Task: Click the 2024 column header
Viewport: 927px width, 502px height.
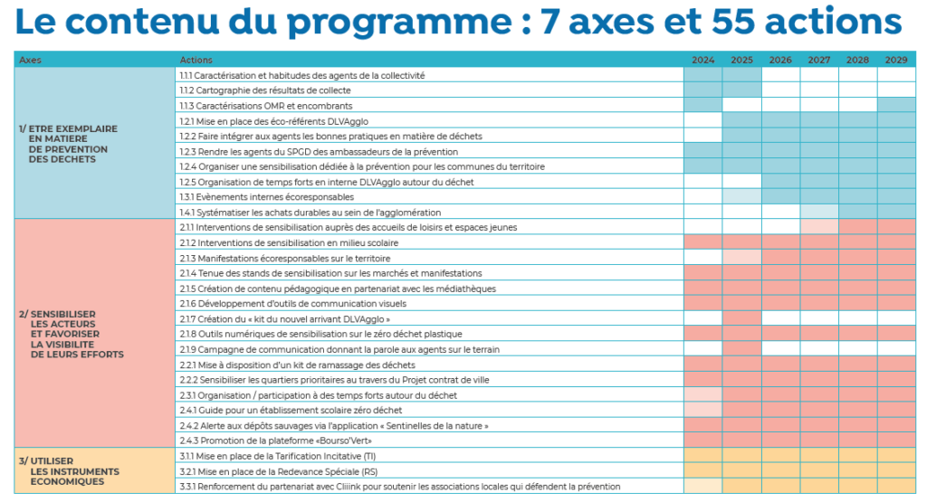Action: point(702,60)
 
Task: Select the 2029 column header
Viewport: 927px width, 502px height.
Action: point(895,60)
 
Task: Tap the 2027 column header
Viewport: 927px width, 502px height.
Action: point(818,60)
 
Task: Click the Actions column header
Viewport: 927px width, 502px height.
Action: point(196,60)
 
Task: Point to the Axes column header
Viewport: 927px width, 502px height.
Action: point(30,60)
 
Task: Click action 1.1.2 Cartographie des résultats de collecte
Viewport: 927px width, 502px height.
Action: point(265,90)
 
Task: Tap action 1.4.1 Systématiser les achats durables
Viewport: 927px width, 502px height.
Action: point(311,213)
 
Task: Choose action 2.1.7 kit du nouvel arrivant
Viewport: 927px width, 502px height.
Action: point(285,319)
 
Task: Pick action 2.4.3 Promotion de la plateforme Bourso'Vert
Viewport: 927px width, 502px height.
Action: point(275,440)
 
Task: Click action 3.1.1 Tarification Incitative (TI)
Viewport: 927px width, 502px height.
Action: point(278,456)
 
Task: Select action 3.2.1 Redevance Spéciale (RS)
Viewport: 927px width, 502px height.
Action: point(279,471)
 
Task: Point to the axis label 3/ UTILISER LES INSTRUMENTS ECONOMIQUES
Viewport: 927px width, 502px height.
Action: point(69,471)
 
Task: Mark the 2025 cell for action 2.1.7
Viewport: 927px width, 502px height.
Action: point(741,319)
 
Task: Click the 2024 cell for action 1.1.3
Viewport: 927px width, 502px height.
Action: point(702,106)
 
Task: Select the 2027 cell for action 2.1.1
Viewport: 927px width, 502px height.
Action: point(818,227)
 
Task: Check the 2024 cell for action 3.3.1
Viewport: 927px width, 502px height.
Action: point(702,486)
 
